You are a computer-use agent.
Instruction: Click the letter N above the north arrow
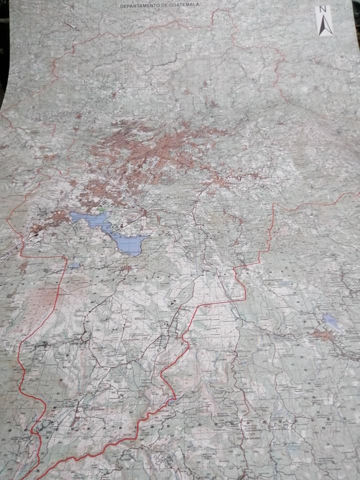click(323, 9)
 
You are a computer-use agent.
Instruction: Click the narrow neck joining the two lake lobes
click(107, 229)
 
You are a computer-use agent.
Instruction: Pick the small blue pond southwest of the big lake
click(74, 265)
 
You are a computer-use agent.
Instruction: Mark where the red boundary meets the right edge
click(357, 192)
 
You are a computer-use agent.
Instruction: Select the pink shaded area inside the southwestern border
click(37, 305)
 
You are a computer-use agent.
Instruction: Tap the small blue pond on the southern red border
click(171, 398)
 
